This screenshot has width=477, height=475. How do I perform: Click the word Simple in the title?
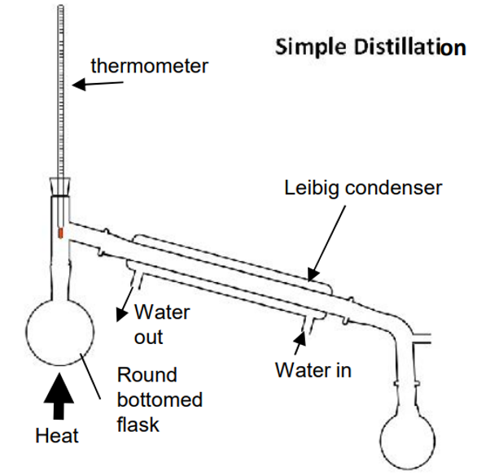(x=311, y=48)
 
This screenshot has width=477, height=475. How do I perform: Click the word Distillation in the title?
(x=410, y=47)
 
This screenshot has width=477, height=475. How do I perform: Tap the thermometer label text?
(x=149, y=66)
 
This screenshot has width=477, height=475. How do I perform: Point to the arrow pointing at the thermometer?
(x=98, y=84)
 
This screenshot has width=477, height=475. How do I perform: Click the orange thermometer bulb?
(x=61, y=233)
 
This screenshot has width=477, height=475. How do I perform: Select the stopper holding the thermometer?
(x=60, y=186)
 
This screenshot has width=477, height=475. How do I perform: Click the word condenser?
(x=393, y=188)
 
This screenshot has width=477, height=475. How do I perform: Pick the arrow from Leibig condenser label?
(x=327, y=243)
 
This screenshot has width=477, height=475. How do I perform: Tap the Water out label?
(x=162, y=325)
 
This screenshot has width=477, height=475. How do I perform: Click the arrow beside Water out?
(x=125, y=304)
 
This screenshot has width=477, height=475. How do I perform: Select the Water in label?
(x=313, y=370)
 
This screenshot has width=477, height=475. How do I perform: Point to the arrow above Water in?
(x=300, y=342)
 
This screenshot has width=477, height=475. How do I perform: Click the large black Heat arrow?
(x=59, y=396)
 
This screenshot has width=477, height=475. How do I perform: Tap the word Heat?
(x=57, y=435)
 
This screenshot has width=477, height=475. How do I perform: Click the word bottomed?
(x=160, y=399)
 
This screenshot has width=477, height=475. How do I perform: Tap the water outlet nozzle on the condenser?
(x=136, y=280)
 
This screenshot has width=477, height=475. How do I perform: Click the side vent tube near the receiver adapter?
(x=422, y=338)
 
